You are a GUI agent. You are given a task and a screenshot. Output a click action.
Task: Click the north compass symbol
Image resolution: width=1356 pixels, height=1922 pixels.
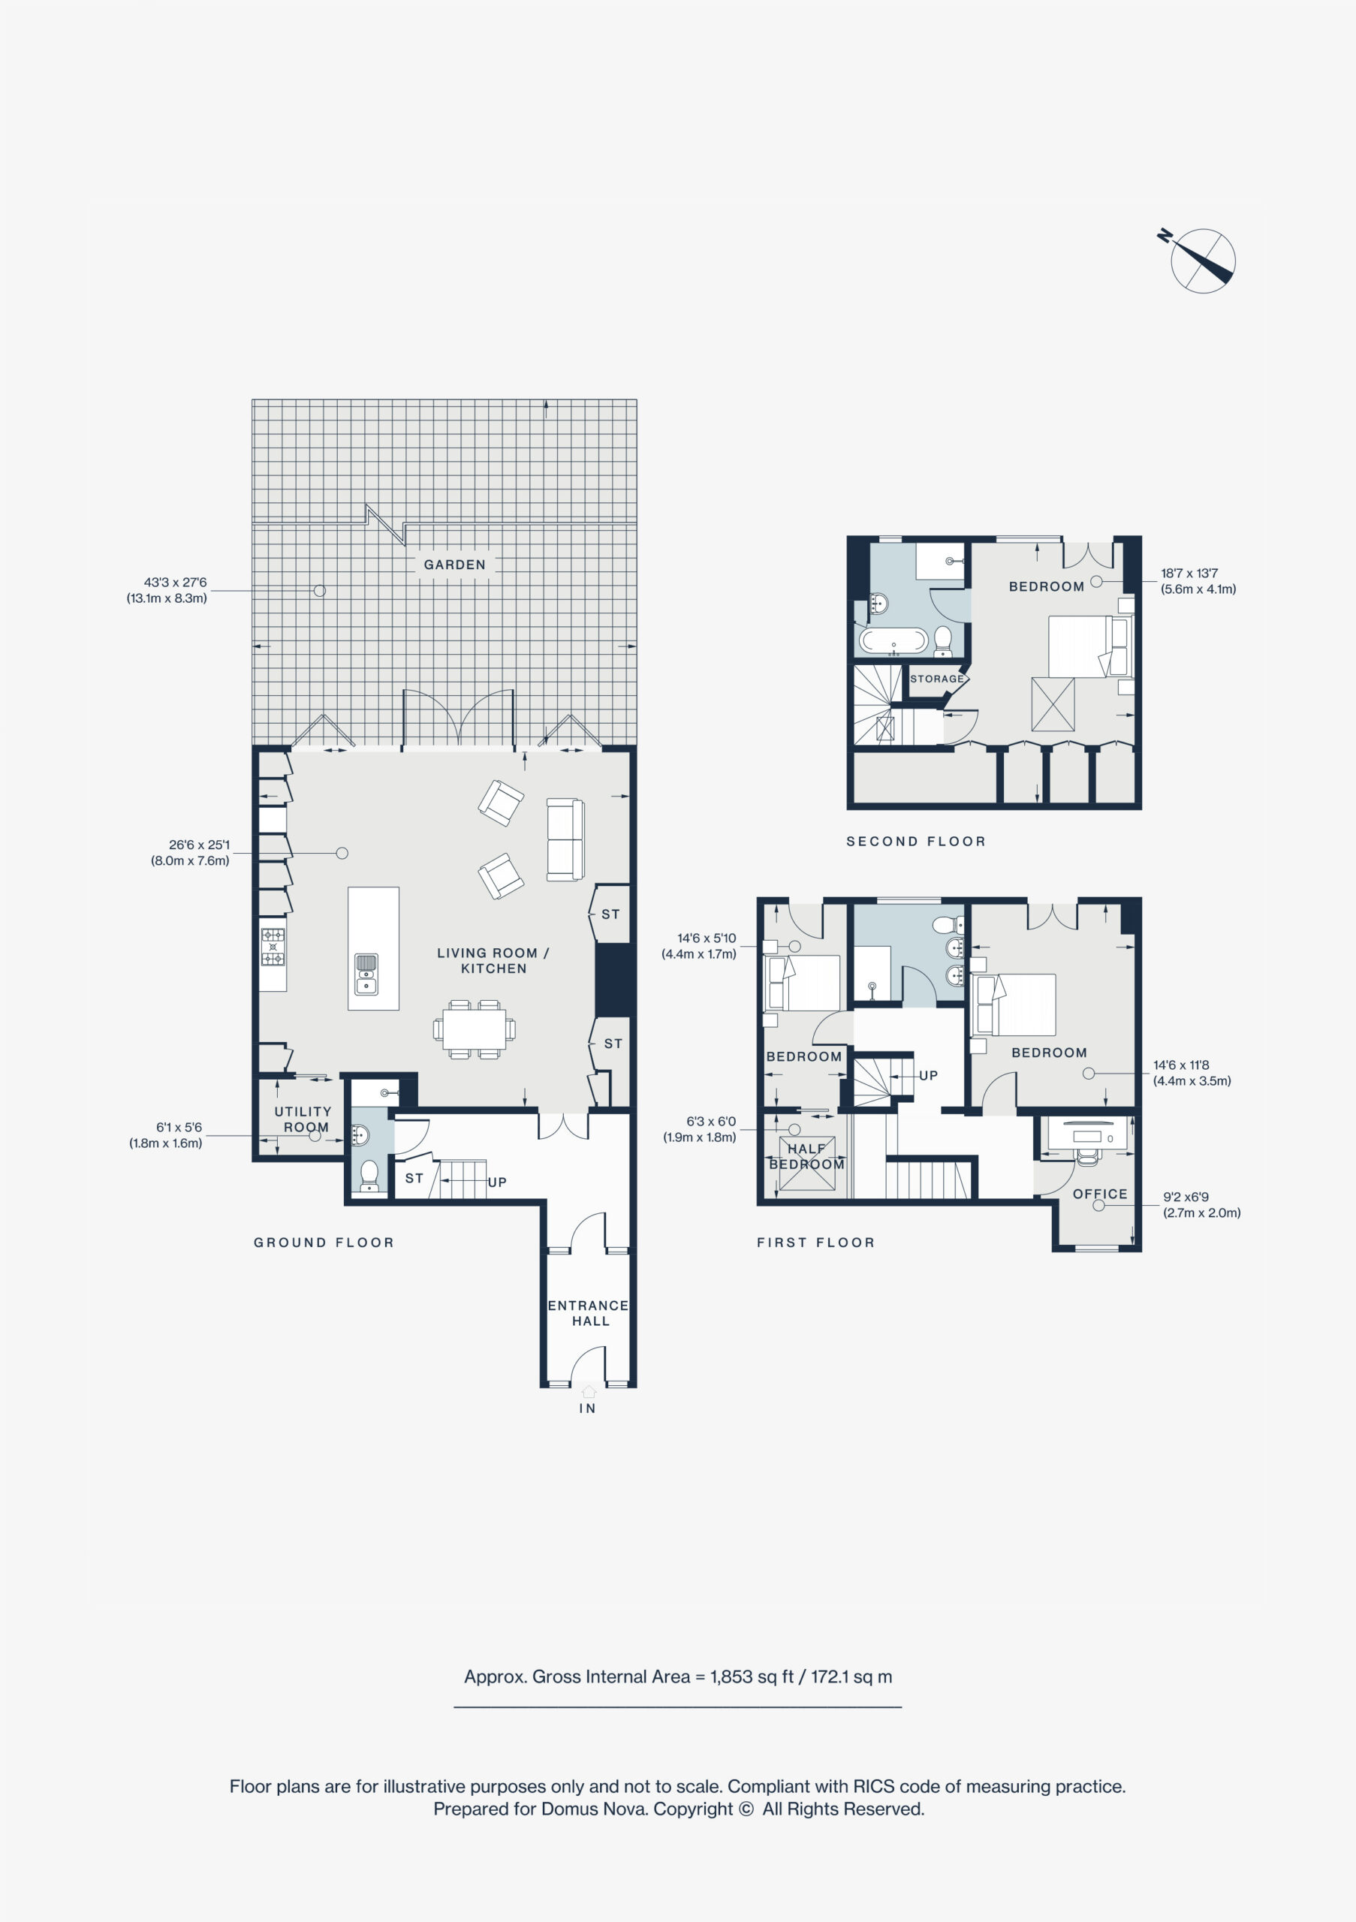[1201, 260]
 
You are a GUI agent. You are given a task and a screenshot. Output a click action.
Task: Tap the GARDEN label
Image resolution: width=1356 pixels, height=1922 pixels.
[454, 565]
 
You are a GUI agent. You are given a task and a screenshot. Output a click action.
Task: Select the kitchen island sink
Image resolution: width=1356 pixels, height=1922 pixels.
[366, 975]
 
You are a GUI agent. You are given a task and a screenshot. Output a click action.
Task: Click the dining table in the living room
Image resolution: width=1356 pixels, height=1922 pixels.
[474, 1029]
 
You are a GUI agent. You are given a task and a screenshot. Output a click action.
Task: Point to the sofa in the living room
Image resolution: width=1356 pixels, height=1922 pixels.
[565, 839]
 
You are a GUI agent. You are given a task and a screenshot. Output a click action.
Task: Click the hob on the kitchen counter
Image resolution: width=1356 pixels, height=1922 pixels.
[273, 947]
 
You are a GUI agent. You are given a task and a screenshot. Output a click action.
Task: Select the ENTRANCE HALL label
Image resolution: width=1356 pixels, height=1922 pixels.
[589, 1312]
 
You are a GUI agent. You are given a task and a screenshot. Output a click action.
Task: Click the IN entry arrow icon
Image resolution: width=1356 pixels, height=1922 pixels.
[589, 1391]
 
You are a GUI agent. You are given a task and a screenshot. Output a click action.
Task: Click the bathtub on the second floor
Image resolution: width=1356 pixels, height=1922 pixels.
[894, 641]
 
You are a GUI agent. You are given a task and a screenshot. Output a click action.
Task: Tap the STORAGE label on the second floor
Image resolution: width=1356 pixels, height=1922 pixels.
[936, 679]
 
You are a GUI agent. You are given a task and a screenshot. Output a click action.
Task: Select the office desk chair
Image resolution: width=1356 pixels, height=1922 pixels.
[1086, 1156]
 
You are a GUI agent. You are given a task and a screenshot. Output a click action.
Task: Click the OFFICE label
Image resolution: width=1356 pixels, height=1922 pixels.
[1100, 1194]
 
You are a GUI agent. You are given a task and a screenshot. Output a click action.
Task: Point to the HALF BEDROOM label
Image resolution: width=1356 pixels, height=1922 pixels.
[807, 1156]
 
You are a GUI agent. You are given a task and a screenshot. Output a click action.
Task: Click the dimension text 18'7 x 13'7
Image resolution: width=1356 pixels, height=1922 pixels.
[1189, 574]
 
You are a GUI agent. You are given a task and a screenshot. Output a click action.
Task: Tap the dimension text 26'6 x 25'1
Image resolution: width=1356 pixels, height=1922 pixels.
[199, 845]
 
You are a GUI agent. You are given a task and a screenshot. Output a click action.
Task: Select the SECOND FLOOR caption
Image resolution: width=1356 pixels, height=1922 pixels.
[916, 842]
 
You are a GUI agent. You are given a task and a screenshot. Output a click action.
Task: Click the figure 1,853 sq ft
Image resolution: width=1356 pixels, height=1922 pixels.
[752, 1676]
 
